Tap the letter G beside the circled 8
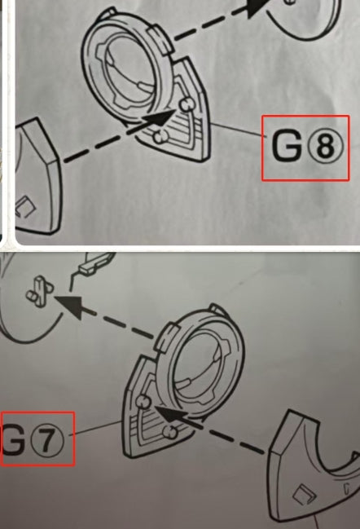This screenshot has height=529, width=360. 287,146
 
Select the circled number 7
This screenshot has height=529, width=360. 47,439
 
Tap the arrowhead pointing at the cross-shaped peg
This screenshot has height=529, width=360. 71,306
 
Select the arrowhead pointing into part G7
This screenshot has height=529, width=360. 171,415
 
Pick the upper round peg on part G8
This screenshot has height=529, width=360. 186,104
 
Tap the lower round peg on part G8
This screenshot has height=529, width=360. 160,137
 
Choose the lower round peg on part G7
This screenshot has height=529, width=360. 169,432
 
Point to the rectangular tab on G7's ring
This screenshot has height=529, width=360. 167,337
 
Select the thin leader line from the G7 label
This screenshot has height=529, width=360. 96,428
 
